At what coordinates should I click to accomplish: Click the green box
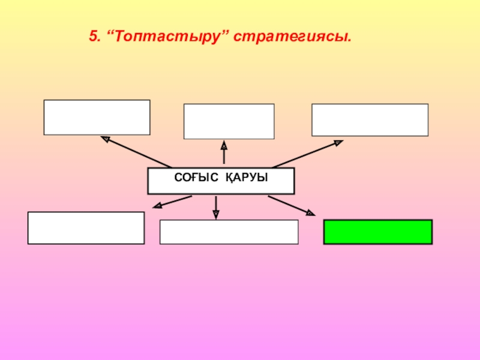coord(378,232)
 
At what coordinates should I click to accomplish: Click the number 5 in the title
coord(93,37)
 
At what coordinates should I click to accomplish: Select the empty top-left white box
coord(97,117)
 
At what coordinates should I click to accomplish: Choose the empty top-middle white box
coord(229,121)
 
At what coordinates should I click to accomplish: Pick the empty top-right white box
coord(370,119)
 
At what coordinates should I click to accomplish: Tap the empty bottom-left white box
coord(86,227)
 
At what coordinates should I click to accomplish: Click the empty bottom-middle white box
coord(229,232)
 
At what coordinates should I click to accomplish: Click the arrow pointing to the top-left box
coord(136,152)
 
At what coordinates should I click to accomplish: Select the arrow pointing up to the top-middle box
coord(224,153)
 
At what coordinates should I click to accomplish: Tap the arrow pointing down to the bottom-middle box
coord(216,206)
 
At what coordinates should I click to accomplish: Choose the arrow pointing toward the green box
coord(291,205)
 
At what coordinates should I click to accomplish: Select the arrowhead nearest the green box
coord(310,212)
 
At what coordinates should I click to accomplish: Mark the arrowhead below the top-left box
coord(105,139)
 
